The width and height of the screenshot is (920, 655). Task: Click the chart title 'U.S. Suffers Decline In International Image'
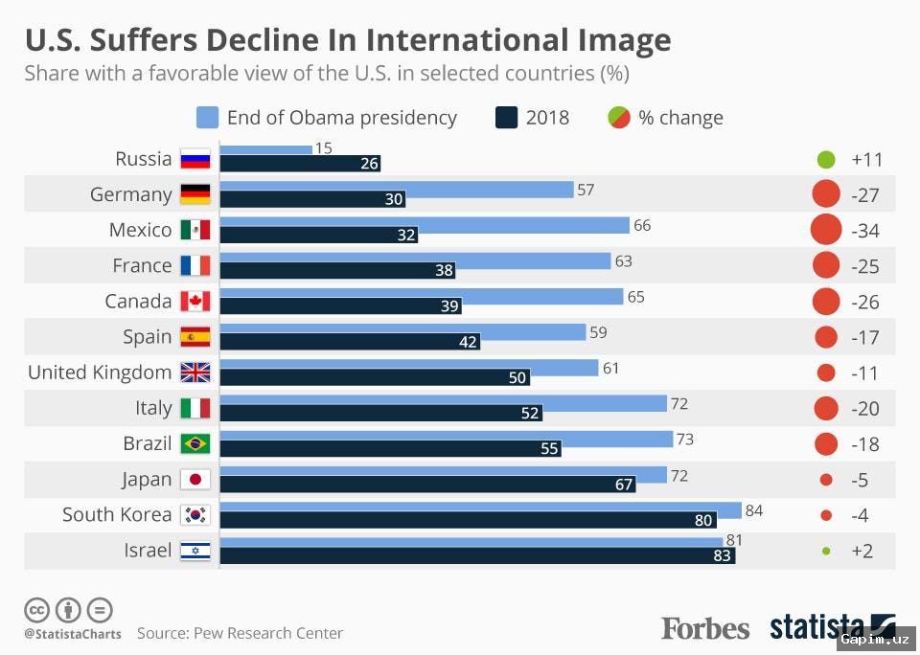click(x=347, y=40)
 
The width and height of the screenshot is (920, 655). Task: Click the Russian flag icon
click(x=195, y=160)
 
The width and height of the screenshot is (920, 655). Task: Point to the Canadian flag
click(x=195, y=302)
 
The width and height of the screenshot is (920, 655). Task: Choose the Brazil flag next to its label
click(x=195, y=444)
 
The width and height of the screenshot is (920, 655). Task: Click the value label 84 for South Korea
click(x=753, y=510)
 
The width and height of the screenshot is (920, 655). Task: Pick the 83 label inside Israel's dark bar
click(x=722, y=555)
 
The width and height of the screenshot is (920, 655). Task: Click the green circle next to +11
click(x=826, y=160)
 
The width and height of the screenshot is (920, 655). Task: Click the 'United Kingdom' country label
click(x=100, y=373)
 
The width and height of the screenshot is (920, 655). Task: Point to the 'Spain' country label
click(x=148, y=337)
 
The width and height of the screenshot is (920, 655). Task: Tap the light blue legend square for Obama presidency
click(x=207, y=118)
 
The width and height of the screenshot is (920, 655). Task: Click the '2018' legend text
click(x=547, y=118)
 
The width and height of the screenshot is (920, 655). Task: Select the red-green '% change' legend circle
click(x=618, y=118)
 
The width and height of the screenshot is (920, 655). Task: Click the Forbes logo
click(x=705, y=628)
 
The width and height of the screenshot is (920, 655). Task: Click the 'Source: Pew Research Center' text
click(x=240, y=633)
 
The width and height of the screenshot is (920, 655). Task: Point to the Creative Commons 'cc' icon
click(x=36, y=609)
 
